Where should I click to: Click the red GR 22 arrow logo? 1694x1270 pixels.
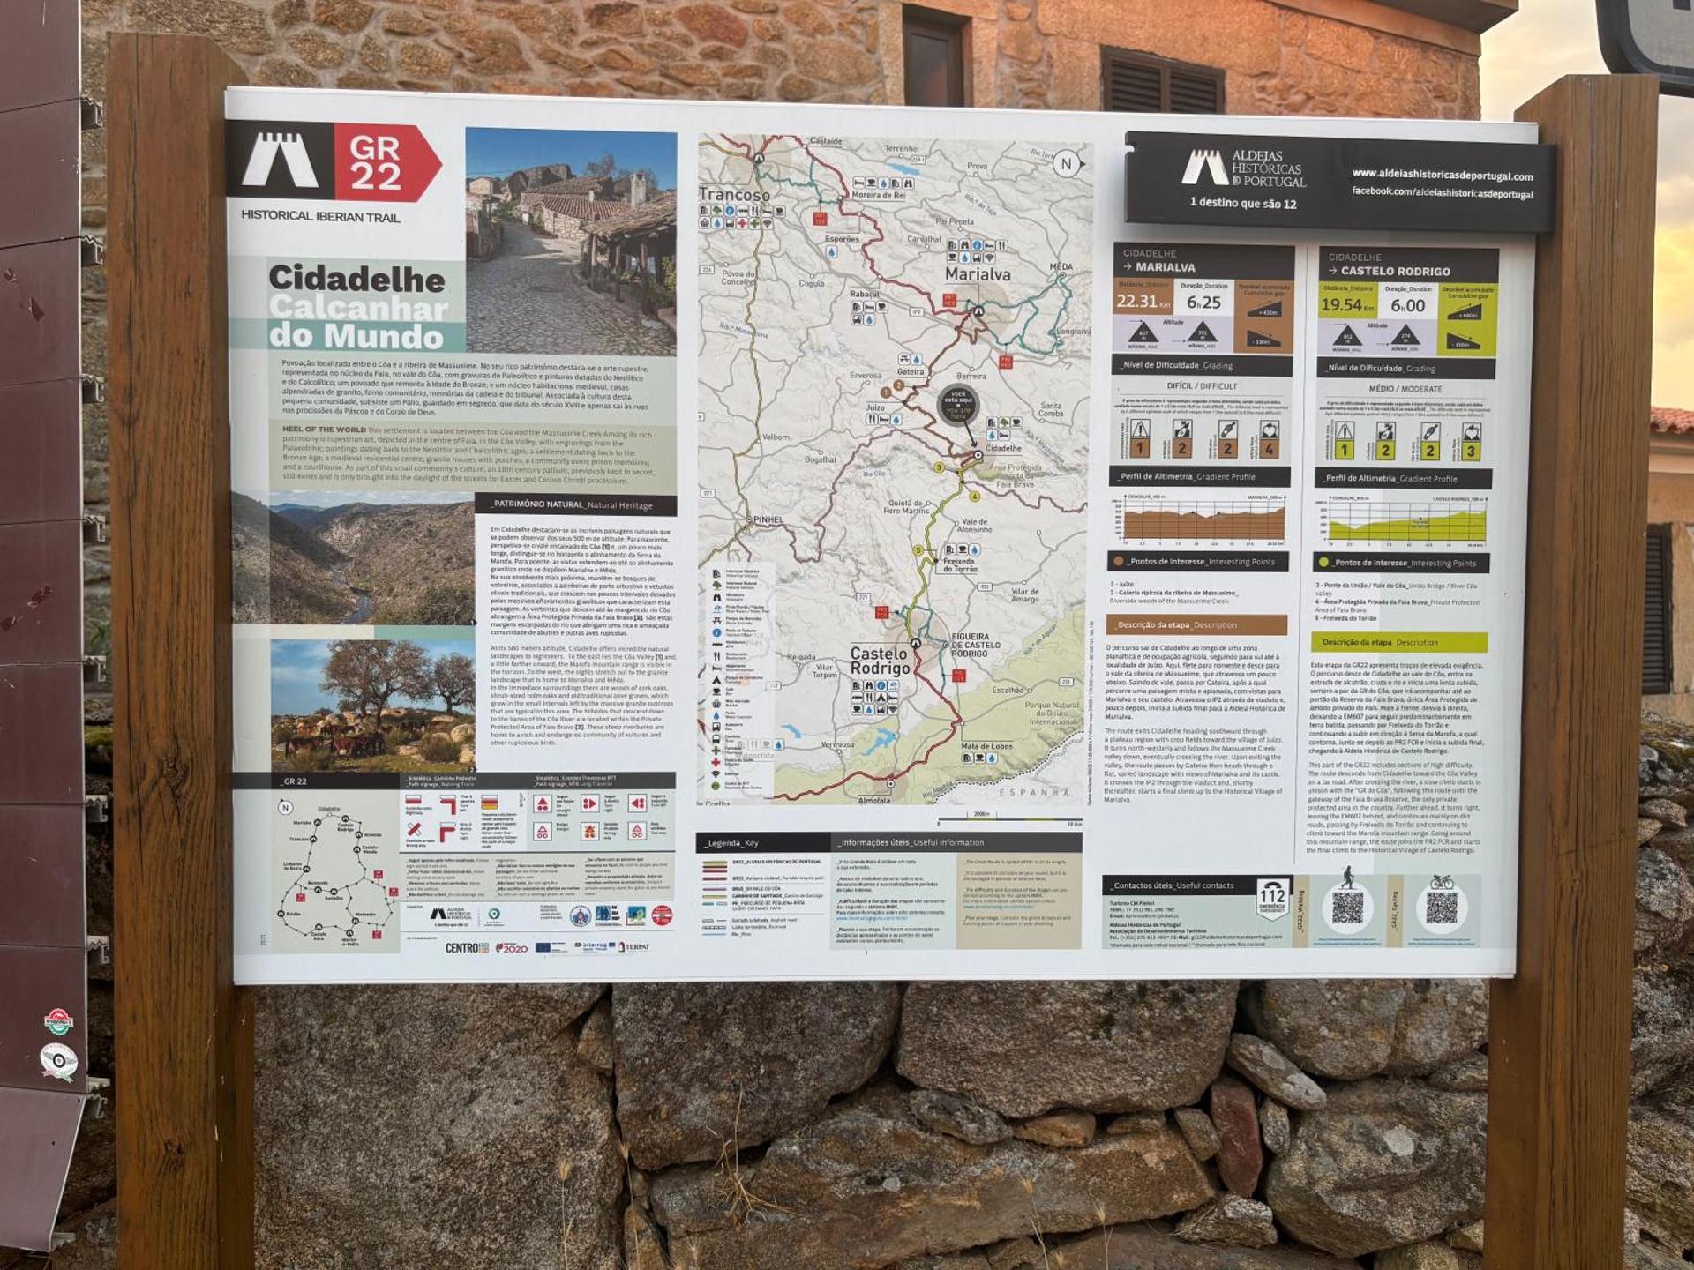tap(386, 163)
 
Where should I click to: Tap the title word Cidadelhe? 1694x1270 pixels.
tap(356, 279)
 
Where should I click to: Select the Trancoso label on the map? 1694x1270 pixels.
tap(733, 194)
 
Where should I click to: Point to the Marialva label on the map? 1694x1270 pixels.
tap(977, 274)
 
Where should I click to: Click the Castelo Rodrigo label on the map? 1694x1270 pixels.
tap(879, 660)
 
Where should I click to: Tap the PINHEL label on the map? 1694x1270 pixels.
tap(768, 519)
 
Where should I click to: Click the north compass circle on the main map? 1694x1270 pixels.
tap(1066, 163)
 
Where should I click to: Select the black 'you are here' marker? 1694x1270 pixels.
tap(957, 405)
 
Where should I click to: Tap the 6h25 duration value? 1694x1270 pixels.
tap(1203, 303)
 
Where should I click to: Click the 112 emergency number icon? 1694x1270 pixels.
tap(1271, 898)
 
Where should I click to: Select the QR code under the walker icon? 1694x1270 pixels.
tap(1347, 908)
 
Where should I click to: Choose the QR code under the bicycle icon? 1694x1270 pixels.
tap(1441, 908)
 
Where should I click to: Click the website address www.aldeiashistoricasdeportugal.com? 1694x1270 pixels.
tap(1442, 176)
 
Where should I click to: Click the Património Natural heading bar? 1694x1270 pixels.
tap(574, 505)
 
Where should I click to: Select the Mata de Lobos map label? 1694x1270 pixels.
tap(986, 746)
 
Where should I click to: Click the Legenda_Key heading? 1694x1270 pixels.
tap(732, 843)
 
